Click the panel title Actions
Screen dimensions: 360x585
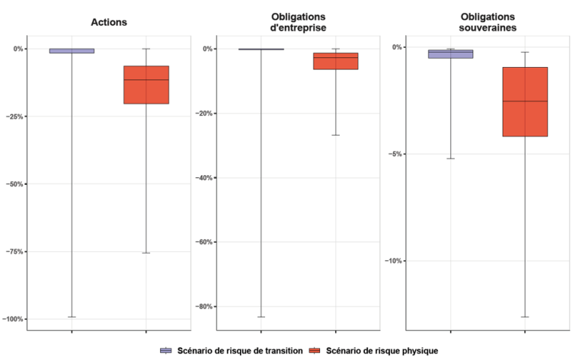pos(108,22)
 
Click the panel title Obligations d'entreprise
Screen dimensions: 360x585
pos(298,22)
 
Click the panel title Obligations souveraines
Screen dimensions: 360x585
pos(487,22)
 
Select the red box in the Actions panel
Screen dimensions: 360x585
pos(146,84)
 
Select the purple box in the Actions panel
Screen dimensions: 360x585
pos(72,51)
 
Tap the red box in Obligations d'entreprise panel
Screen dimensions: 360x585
pos(335,61)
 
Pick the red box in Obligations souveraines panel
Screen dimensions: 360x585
pos(525,101)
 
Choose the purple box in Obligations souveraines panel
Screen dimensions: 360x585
pos(450,54)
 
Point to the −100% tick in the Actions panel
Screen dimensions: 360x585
pos(13,319)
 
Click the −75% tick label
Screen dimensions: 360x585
pos(14,252)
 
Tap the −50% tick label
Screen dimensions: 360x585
pos(14,184)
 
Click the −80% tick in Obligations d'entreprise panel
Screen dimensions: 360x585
pos(203,307)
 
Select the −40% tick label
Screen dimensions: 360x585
pos(203,178)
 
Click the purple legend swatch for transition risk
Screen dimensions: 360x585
pos(166,351)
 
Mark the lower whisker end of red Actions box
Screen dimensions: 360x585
pos(146,253)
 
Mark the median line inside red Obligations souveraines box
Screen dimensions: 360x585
pos(525,101)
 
